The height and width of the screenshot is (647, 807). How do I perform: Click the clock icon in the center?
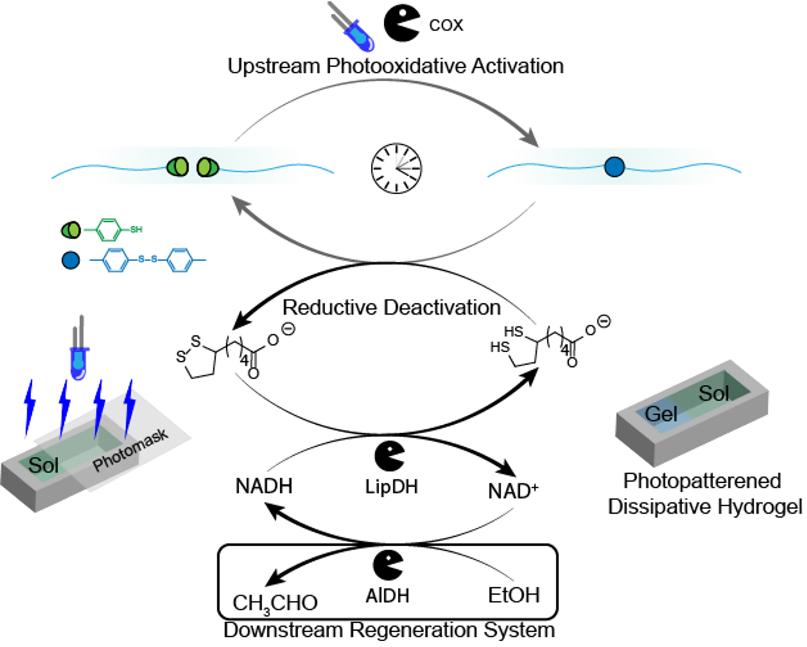(x=396, y=168)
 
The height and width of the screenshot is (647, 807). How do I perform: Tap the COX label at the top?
(x=446, y=25)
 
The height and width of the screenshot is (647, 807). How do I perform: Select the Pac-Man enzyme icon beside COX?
(x=401, y=24)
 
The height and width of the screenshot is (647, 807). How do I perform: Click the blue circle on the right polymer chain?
(x=614, y=167)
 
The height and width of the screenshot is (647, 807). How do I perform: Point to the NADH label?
(x=264, y=486)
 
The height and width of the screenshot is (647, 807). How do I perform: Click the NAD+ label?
(x=513, y=491)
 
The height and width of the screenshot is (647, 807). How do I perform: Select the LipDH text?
(x=391, y=487)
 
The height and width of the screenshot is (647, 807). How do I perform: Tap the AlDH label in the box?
(x=387, y=596)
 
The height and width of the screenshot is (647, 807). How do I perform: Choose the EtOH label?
(x=513, y=595)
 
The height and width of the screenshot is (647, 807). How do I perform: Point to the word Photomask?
(x=130, y=450)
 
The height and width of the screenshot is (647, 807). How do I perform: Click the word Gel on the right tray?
(x=661, y=414)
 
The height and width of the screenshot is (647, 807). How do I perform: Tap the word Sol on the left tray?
(x=43, y=465)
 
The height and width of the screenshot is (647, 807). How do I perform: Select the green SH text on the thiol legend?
(x=136, y=230)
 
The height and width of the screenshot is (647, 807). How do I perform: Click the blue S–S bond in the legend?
(x=148, y=259)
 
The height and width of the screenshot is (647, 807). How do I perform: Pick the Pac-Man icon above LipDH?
(x=389, y=456)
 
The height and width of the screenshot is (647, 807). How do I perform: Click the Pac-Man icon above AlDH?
(x=388, y=565)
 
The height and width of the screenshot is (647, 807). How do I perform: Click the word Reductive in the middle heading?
(x=330, y=308)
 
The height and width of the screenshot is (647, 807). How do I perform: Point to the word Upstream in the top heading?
(x=273, y=66)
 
